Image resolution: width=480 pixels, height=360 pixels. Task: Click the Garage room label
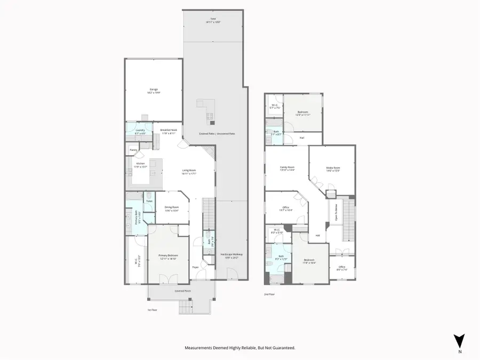pos(154,90)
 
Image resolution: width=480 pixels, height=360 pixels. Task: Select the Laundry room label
pos(141,131)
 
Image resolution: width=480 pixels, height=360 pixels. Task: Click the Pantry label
pos(133,150)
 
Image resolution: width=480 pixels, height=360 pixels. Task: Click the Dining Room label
pos(171,209)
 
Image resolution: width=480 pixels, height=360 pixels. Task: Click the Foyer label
pos(195,267)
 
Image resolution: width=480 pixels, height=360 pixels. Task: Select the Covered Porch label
pos(183,291)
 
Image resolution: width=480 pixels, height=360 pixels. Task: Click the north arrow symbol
pos(459,341)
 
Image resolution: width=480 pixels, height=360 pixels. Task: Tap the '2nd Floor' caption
pos(269,294)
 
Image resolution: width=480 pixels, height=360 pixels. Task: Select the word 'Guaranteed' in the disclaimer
pos(282,348)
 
